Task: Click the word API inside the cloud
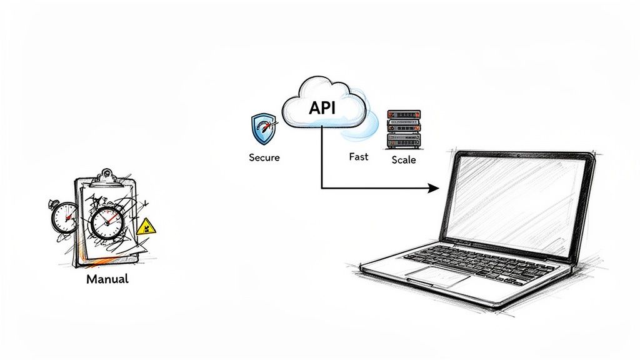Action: tap(322, 107)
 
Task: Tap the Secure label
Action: tap(264, 157)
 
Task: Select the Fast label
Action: tap(358, 156)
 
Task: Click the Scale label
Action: tap(403, 159)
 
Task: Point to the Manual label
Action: tap(107, 279)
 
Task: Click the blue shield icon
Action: tap(262, 129)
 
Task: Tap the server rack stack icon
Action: tap(403, 128)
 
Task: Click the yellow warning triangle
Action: tap(147, 226)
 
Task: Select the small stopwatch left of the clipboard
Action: tap(64, 217)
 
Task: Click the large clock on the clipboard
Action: tap(107, 222)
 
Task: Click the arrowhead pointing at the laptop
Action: tap(434, 187)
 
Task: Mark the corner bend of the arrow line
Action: tap(321, 187)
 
